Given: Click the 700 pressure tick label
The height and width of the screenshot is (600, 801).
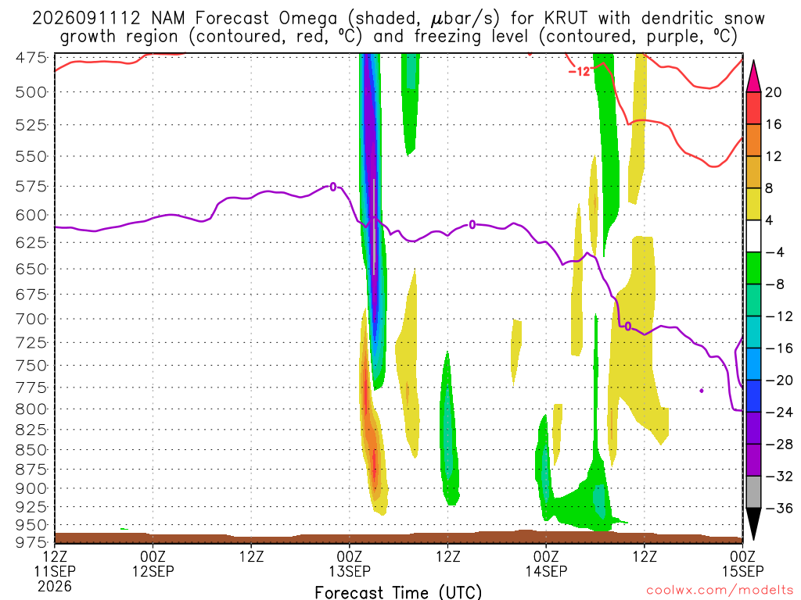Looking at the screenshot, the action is (31, 320).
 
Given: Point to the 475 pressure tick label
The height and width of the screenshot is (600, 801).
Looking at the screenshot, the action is (31, 58).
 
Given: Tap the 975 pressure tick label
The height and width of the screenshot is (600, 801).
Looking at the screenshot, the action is (31, 542).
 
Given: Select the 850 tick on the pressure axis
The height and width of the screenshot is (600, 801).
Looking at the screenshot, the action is (31, 450).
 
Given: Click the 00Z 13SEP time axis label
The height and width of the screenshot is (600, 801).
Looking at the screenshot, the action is (350, 563).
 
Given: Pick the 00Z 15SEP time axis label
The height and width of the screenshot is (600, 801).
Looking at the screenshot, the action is (743, 563).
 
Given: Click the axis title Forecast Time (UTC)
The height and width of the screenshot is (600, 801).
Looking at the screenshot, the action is (398, 592).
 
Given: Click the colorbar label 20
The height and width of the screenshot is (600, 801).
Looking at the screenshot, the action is (774, 92).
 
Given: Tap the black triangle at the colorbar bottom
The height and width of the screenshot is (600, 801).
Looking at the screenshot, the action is (753, 524).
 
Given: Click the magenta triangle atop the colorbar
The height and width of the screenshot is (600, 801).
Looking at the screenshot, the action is (753, 77).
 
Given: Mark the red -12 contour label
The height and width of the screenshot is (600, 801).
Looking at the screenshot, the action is (580, 71).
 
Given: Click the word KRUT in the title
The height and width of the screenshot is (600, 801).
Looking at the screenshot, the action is (566, 19).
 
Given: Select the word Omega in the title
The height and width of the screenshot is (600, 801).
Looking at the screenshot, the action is (308, 19).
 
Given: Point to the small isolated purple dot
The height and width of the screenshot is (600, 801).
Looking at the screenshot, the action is (702, 391).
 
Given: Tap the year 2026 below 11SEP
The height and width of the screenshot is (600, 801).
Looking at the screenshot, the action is (55, 587).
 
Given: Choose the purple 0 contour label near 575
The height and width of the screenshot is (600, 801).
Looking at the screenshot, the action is (333, 187).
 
